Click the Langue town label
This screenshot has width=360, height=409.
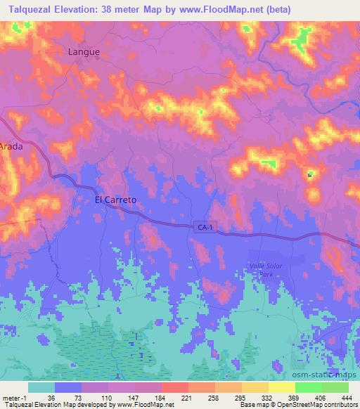point(84,51)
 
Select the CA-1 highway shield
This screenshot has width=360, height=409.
point(203,226)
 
